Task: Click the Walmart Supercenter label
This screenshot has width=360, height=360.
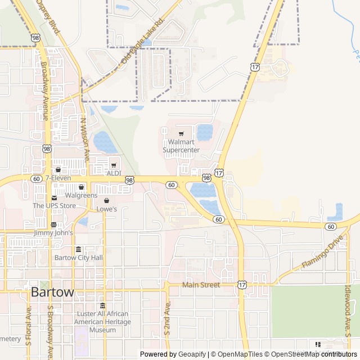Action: click(181, 146)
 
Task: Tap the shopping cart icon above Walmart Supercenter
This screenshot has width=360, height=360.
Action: click(181, 134)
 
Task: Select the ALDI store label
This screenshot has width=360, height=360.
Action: click(114, 173)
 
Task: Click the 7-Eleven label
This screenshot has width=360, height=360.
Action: click(58, 178)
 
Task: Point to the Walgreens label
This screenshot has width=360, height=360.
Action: click(81, 195)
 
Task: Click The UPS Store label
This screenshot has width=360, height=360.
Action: click(54, 205)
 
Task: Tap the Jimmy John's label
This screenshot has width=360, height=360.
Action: click(53, 232)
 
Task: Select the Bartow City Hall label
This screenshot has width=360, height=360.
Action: click(78, 258)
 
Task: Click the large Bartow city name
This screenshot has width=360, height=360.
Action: click(52, 292)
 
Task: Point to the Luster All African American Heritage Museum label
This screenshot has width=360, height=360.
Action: click(102, 322)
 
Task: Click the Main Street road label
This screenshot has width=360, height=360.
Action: click(201, 285)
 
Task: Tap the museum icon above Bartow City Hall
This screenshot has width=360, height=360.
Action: click(78, 249)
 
